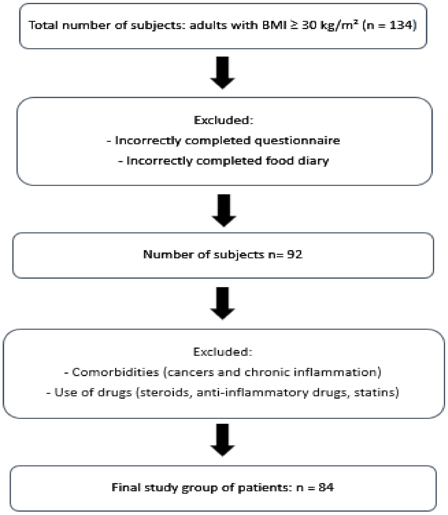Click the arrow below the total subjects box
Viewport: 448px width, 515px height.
pyautogui.click(x=222, y=73)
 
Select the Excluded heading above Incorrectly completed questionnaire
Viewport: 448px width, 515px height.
pyautogui.click(x=224, y=120)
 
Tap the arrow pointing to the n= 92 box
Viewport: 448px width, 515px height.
pyautogui.click(x=224, y=210)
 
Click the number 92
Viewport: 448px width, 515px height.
pyautogui.click(x=295, y=254)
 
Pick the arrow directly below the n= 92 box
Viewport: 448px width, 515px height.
pyautogui.click(x=222, y=303)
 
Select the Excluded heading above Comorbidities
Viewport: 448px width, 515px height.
pyautogui.click(x=222, y=352)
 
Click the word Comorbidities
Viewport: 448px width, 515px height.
pyautogui.click(x=115, y=372)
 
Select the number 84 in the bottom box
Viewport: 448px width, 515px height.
pyautogui.click(x=326, y=487)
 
